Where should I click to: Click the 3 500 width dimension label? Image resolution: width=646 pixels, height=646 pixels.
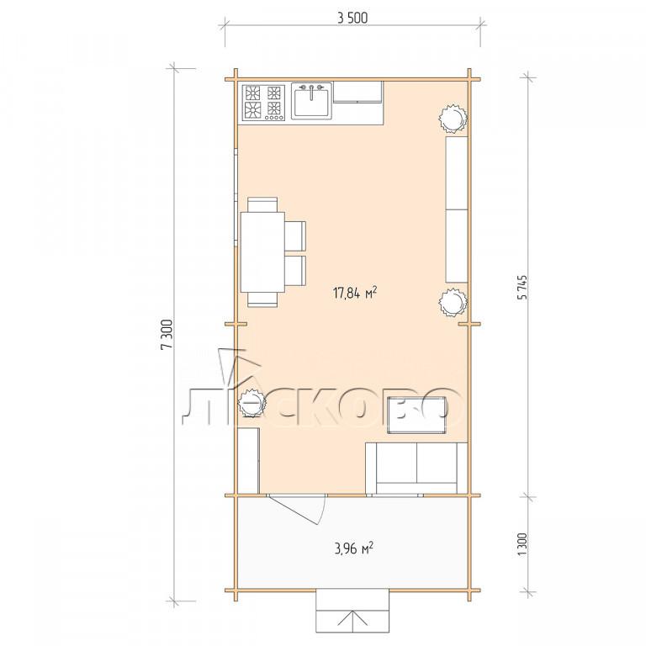point(352,19)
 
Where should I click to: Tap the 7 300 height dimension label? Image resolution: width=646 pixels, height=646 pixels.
point(167,334)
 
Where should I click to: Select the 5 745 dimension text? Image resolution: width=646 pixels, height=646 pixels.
point(522,287)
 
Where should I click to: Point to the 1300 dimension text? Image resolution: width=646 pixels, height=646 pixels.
point(522,544)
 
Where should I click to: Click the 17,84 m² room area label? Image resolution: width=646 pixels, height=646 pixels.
point(355,293)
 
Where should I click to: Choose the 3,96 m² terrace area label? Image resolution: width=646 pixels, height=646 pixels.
point(353,548)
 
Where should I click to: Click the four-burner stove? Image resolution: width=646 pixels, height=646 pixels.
point(263,103)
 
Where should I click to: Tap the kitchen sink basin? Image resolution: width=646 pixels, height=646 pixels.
point(311,103)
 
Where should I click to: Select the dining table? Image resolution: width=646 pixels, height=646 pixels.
point(262,252)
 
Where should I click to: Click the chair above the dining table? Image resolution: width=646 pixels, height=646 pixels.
point(262,204)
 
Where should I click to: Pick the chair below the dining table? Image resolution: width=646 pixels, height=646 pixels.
point(262,299)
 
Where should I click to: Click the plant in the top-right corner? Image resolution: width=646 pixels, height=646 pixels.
point(453,119)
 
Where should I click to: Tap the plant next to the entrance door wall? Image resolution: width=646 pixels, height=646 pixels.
point(252,403)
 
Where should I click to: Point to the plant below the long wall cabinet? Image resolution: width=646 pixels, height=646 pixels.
point(453,303)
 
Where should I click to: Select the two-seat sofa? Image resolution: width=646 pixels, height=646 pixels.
point(416,469)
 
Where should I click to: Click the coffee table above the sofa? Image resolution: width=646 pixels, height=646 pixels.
point(417,415)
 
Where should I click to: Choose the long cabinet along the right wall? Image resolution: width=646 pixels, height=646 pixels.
point(457,209)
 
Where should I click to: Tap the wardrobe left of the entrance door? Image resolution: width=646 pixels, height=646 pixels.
point(248,461)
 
